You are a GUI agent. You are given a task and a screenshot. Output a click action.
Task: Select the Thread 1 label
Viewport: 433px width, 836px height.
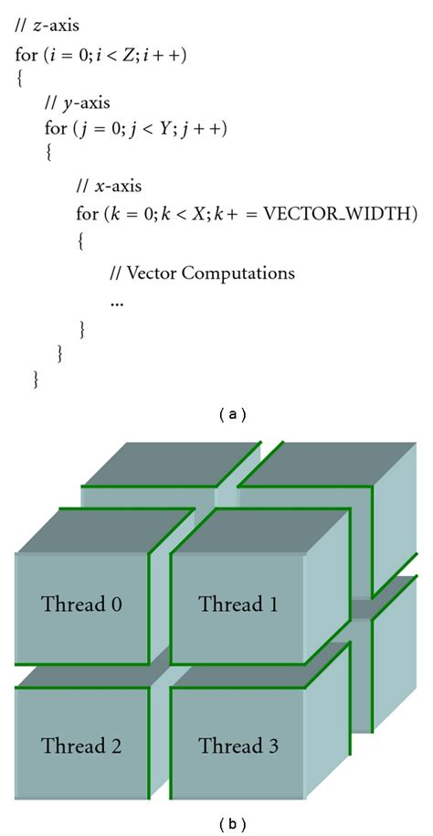click(238, 605)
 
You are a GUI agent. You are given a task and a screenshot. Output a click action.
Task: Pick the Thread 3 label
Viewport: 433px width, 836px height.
click(238, 745)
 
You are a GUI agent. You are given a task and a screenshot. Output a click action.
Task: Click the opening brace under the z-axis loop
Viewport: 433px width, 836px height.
click(20, 79)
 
